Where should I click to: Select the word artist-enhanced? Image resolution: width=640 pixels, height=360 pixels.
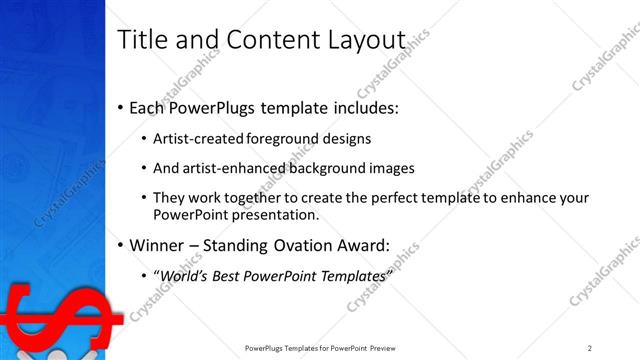tap(233, 168)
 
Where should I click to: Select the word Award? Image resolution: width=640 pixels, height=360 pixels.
tap(360, 244)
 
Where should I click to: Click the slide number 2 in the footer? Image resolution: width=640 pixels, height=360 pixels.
tap(590, 348)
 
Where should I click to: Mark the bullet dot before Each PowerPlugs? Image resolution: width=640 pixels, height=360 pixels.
tap(121, 106)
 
